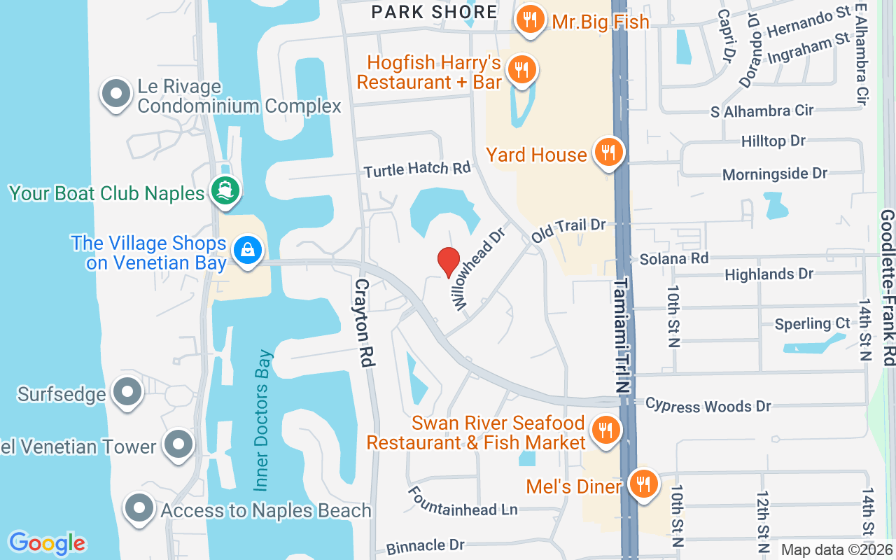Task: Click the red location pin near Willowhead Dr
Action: [x=448, y=262]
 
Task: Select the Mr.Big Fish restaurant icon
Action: [x=531, y=20]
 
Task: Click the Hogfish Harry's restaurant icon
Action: [x=521, y=70]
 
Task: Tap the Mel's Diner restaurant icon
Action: [x=643, y=484]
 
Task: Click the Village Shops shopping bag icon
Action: [x=247, y=250]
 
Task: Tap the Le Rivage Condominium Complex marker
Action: [x=116, y=94]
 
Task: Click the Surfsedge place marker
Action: [x=127, y=392]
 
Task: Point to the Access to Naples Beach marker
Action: [x=139, y=508]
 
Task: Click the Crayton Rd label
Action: [x=363, y=323]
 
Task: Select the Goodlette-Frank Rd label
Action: [x=888, y=287]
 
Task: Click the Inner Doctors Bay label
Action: [x=262, y=419]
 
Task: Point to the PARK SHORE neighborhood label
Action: [x=434, y=12]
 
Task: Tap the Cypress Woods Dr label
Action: [x=708, y=405]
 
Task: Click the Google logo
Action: [x=47, y=542]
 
